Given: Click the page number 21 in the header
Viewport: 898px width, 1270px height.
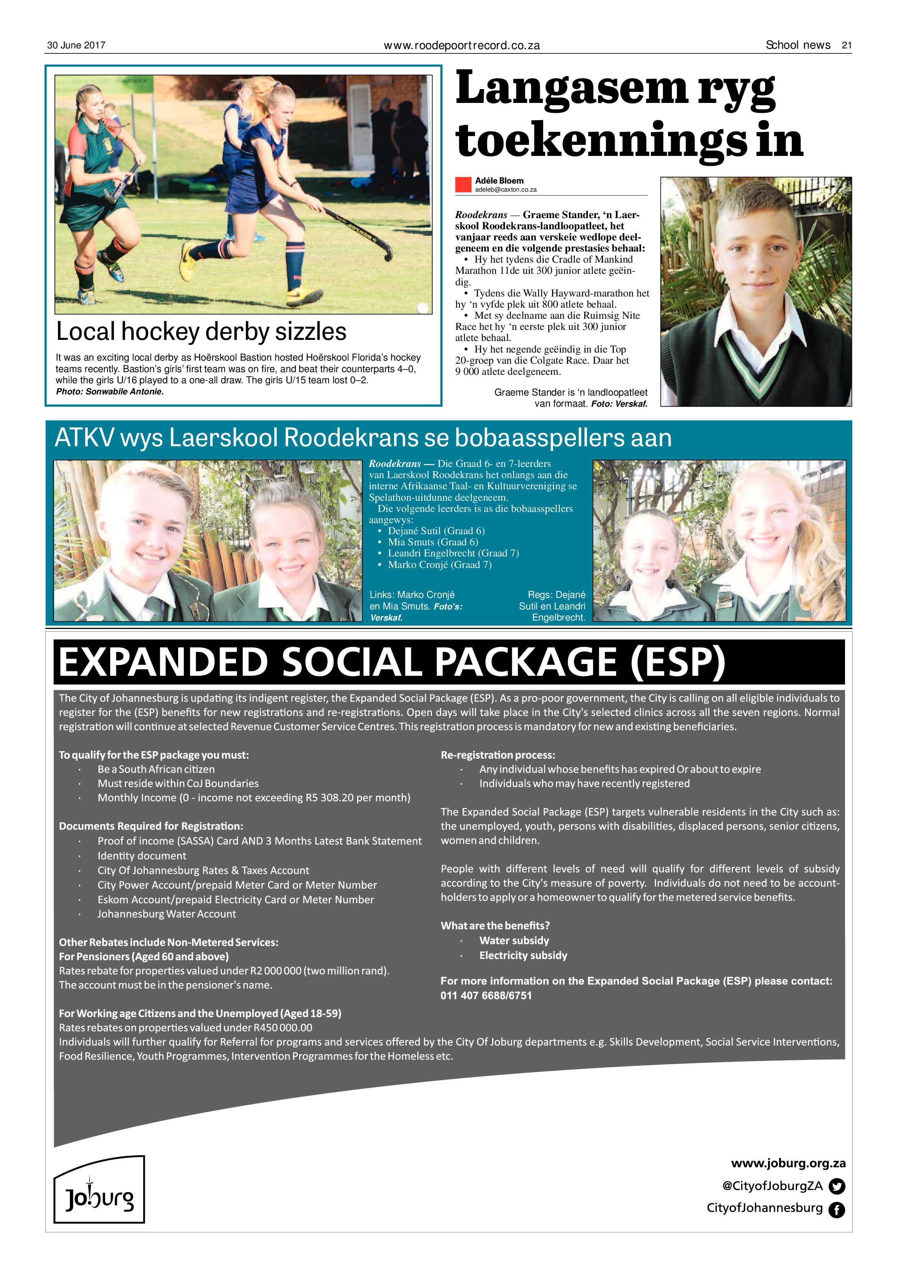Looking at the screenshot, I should click(x=846, y=45).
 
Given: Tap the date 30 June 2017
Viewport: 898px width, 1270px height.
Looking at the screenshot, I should click(x=76, y=45).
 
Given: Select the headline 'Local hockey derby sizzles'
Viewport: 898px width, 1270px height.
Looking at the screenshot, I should click(x=201, y=331).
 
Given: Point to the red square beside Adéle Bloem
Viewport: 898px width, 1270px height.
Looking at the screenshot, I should click(x=463, y=185).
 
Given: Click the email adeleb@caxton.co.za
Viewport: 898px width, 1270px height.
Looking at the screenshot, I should click(x=505, y=190).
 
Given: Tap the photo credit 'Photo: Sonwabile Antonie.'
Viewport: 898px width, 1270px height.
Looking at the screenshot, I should click(x=110, y=392).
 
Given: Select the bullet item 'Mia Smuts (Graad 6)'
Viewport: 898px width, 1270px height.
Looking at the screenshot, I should click(x=432, y=542).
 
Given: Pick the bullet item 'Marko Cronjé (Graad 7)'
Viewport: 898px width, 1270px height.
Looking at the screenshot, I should click(x=439, y=565).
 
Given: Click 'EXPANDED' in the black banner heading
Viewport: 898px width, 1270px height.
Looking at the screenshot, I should click(x=163, y=662).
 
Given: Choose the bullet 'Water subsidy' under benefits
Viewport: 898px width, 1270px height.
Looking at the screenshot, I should click(x=514, y=940).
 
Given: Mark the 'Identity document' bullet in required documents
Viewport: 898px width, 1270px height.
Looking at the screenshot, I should click(x=142, y=856).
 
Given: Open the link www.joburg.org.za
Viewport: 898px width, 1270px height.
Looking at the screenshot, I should click(x=788, y=1163).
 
